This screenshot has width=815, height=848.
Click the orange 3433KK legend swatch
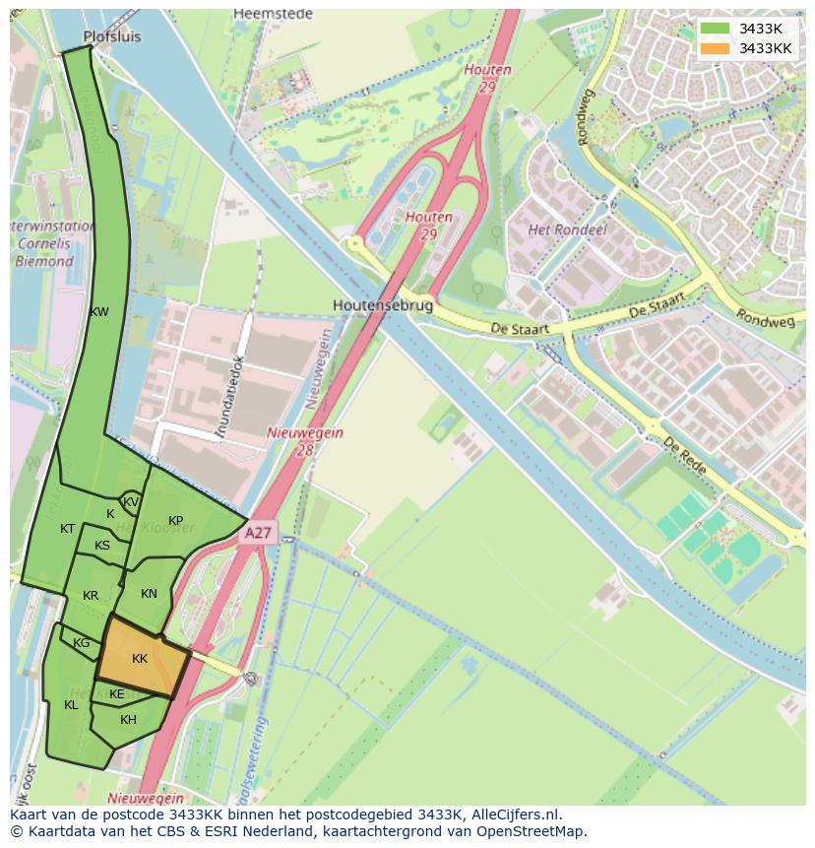click(716, 48)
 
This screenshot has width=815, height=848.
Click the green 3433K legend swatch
click(716, 29)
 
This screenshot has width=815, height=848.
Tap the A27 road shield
click(258, 533)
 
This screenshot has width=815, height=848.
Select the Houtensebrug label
click(383, 305)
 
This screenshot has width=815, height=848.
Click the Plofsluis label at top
click(112, 36)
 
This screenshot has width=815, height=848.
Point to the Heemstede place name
click(274, 14)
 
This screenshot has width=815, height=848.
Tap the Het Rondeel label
click(568, 229)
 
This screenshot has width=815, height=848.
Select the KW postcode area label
click(98, 312)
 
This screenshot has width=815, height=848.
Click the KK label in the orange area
click(140, 658)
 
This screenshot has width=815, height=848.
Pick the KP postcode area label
click(175, 520)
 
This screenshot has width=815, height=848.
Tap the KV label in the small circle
click(131, 502)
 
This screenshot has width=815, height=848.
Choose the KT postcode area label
click(67, 529)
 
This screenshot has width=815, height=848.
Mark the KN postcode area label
click(149, 593)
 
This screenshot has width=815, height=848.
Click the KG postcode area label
click(81, 643)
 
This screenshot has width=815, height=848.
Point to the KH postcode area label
click(128, 720)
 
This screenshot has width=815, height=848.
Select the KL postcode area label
click(71, 704)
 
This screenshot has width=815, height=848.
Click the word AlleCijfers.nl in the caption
click(513, 815)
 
